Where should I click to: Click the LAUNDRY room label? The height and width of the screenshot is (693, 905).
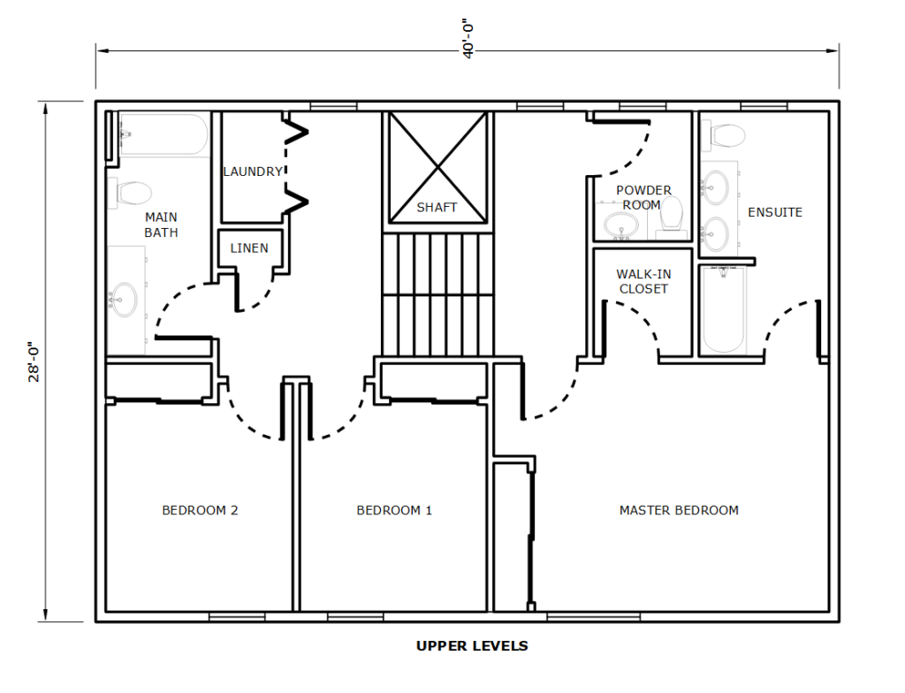tap(253, 171)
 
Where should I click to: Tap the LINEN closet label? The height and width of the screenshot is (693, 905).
tap(249, 248)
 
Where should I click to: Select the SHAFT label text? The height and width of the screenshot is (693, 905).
tap(437, 208)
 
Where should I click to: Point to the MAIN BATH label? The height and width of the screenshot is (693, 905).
tap(161, 225)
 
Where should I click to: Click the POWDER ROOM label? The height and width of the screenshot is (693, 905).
tap(643, 197)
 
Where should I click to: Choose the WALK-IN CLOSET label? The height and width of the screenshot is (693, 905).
tap(643, 281)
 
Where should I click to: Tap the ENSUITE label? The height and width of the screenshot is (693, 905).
tap(775, 212)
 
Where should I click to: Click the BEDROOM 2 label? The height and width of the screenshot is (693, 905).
tap(200, 511)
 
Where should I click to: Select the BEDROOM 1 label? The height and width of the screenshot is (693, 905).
tap(394, 511)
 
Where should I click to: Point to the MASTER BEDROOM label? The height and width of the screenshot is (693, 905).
tap(679, 511)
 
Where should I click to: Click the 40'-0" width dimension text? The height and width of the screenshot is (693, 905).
tap(468, 40)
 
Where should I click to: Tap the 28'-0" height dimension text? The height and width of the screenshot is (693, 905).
tap(34, 362)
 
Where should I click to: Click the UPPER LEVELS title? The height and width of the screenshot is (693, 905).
tap(472, 645)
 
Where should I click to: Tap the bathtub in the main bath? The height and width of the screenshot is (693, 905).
tap(164, 134)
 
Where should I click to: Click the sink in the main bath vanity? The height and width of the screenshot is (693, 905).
tap(124, 299)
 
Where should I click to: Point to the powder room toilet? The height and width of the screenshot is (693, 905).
tap(671, 215)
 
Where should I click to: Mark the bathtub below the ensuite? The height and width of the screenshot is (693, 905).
tap(722, 309)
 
